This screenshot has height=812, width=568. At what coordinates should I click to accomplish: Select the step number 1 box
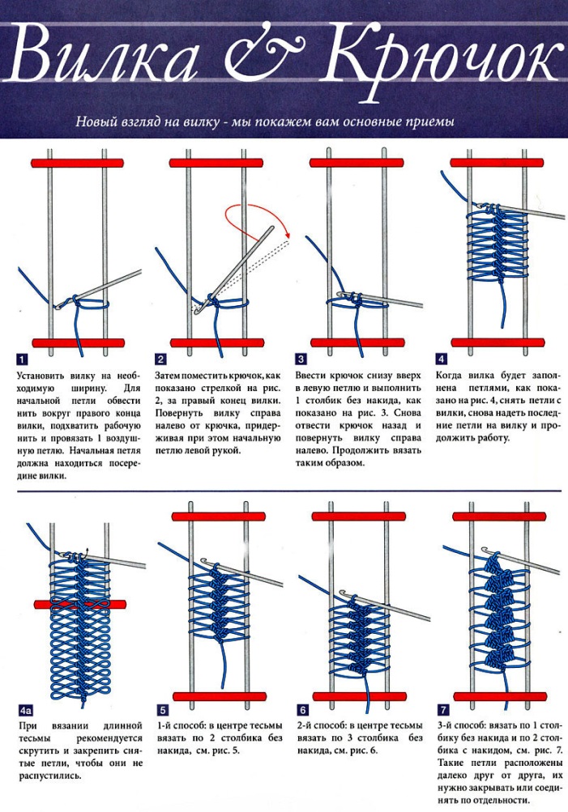pos(23,359)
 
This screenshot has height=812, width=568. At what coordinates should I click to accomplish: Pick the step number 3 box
pos(301,359)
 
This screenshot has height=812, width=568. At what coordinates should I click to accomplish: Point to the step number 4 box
pos(442,359)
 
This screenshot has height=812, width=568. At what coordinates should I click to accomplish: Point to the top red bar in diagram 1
pos(79,163)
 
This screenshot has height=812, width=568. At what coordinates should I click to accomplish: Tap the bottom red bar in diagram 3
pos(357,342)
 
